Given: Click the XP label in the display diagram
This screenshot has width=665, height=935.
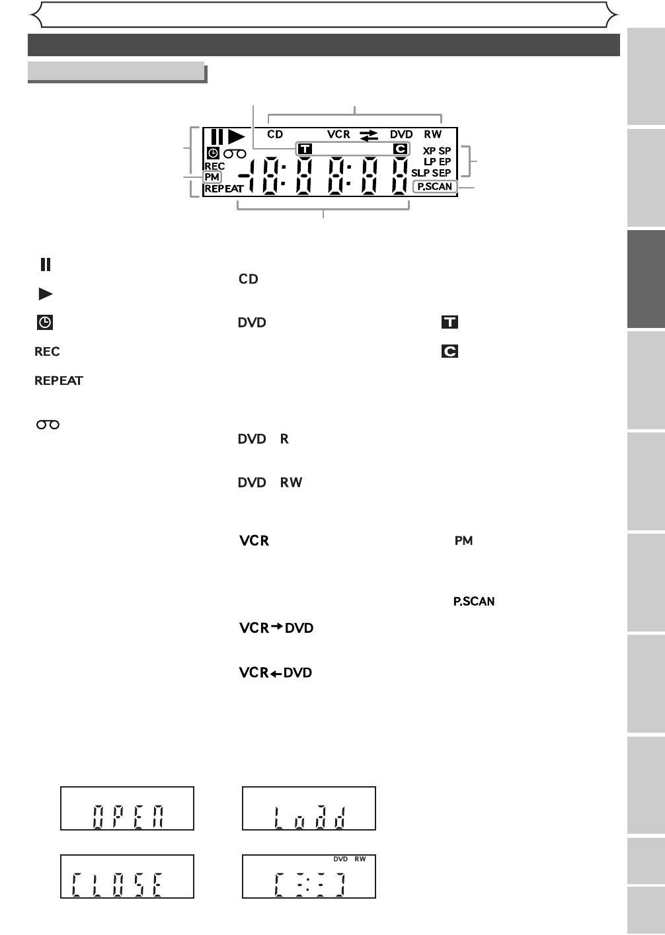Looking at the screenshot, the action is (x=430, y=151).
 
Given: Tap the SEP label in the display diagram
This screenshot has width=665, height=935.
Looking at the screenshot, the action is (x=442, y=173).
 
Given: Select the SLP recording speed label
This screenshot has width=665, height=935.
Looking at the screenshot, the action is (x=420, y=173).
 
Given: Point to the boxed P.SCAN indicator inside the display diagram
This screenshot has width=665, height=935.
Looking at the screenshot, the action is (x=435, y=187).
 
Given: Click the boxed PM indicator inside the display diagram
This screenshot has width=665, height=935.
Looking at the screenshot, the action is (x=212, y=177).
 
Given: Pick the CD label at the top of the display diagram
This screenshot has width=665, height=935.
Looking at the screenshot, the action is (x=275, y=134).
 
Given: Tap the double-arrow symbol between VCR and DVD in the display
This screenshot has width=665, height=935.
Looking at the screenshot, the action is (x=369, y=135).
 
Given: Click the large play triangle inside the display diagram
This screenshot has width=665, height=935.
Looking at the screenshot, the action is (x=236, y=137).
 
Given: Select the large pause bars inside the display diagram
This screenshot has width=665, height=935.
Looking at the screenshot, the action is (x=217, y=137).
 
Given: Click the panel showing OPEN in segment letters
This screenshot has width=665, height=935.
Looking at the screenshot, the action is (x=127, y=809).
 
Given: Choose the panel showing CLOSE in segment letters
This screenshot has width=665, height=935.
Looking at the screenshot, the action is (x=127, y=876).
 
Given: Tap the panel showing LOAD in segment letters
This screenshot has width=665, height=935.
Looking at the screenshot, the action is (x=309, y=809).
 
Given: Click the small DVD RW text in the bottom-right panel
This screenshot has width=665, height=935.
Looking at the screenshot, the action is (x=349, y=860).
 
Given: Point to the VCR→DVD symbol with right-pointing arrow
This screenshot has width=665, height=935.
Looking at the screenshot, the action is (x=276, y=628).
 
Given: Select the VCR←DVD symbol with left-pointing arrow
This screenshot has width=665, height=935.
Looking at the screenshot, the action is (x=276, y=673).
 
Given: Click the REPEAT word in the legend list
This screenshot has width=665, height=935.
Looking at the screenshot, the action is (x=59, y=381).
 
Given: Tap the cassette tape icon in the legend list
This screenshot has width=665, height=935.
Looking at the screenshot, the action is (x=48, y=425).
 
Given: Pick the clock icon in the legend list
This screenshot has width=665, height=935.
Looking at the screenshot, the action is (x=45, y=323).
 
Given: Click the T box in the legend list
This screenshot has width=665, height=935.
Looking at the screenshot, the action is (x=450, y=323).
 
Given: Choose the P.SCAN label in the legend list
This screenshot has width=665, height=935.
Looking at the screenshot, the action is (x=474, y=602).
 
